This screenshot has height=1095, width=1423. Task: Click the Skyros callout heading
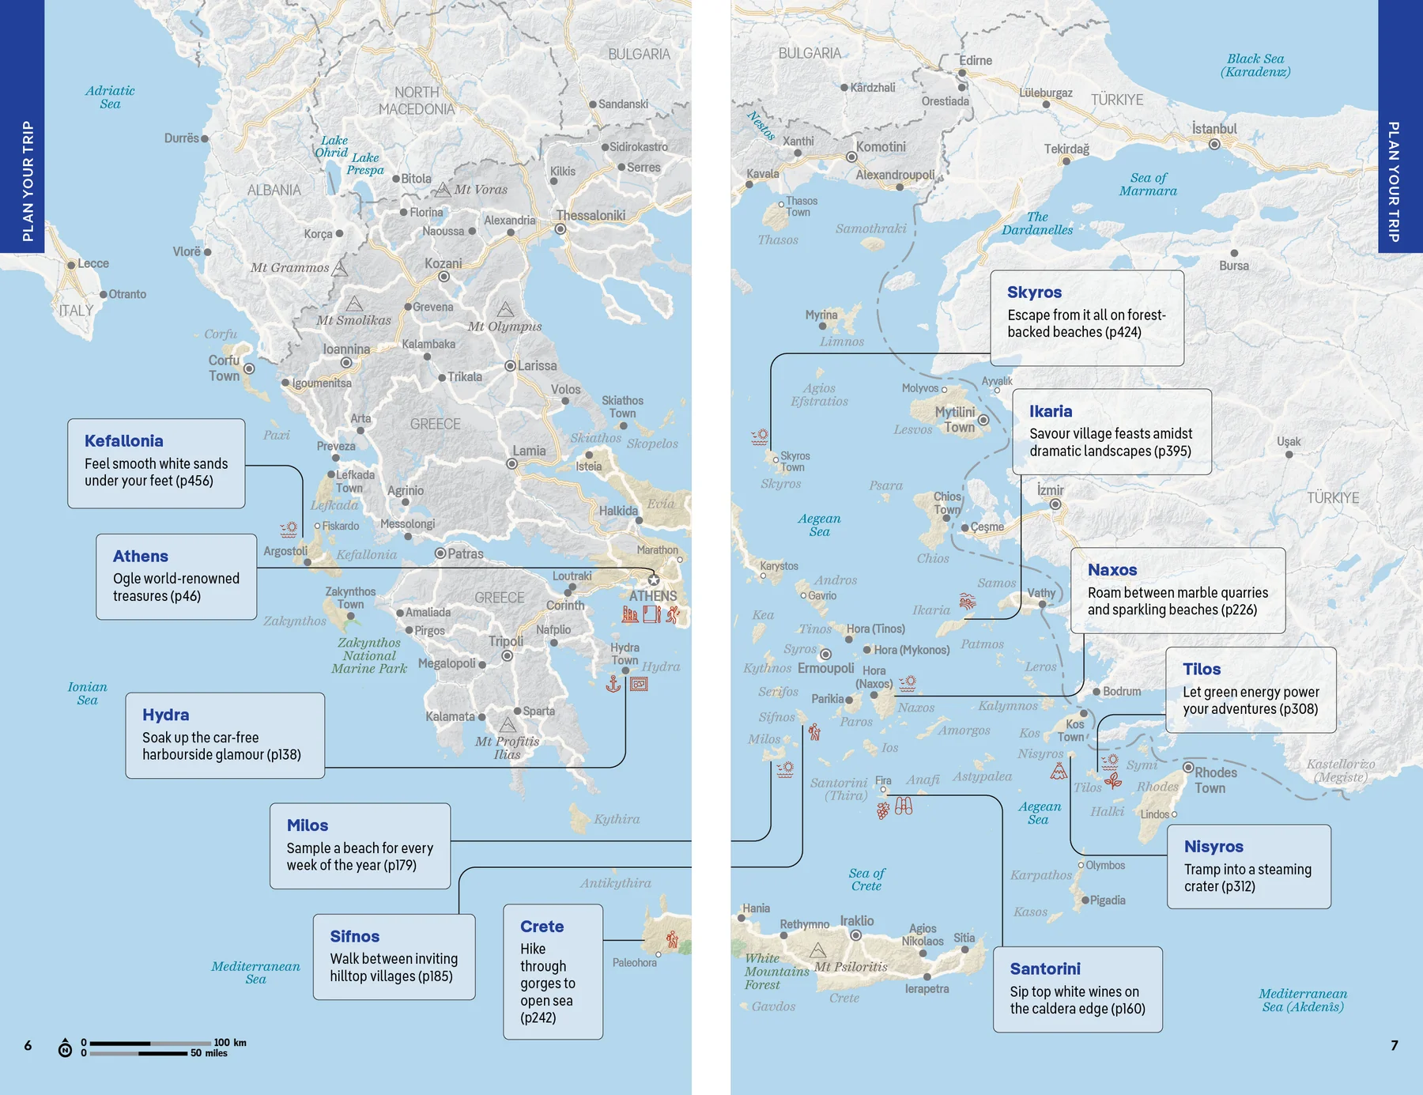pos(1034,293)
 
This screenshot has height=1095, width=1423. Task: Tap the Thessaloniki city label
pos(591,215)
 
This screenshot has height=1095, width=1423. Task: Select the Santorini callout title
pos(1044,969)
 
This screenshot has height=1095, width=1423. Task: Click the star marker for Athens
pos(654,580)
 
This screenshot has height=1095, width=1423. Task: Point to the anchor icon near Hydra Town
pos(613,684)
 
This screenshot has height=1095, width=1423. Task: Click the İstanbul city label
pos(1214,129)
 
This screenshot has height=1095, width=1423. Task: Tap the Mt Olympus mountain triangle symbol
pos(505,309)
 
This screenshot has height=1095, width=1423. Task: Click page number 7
pos(1394,1045)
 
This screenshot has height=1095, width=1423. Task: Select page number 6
pos(28,1045)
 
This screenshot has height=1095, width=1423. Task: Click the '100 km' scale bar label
pos(230,1042)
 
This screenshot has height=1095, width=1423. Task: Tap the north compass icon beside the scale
pos(65,1048)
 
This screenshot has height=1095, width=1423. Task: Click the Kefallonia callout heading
pos(124,441)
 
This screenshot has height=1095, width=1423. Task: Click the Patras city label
pos(465,553)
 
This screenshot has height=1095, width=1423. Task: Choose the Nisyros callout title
pos(1213,847)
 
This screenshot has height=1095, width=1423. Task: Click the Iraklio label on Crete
pos(856,920)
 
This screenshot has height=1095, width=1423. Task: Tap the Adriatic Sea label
pos(110,96)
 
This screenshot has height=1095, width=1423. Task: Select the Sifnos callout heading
pos(354,936)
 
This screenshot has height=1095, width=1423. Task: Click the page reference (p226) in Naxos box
pos(1238,610)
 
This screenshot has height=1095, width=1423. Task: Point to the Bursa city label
pos(1233,266)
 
